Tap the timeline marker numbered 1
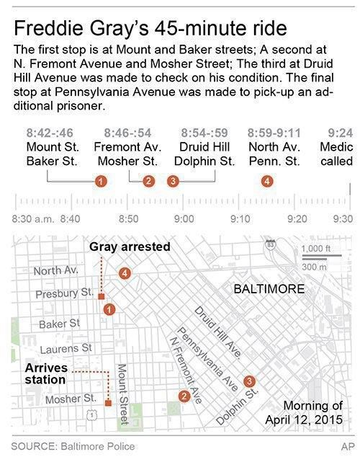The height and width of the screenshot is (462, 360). click(x=102, y=180)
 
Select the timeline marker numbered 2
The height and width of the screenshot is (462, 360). click(x=148, y=180)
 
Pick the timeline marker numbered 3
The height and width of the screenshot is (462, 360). click(x=172, y=180)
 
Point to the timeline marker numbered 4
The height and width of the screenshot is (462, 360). click(x=267, y=180)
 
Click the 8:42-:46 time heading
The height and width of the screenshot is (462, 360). click(x=50, y=133)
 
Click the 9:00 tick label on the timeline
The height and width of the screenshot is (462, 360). click(x=184, y=217)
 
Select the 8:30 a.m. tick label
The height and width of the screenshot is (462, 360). click(x=31, y=217)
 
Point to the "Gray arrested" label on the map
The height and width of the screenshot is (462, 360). click(x=130, y=246)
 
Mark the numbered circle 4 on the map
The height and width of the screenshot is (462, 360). click(x=125, y=273)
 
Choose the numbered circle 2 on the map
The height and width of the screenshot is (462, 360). click(x=184, y=395)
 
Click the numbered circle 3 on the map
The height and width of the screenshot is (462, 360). click(x=249, y=381)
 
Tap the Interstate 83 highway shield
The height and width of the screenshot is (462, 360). click(x=270, y=244)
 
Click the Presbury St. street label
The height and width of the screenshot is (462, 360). click(x=64, y=293)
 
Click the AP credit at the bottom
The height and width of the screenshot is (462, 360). click(x=346, y=446)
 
